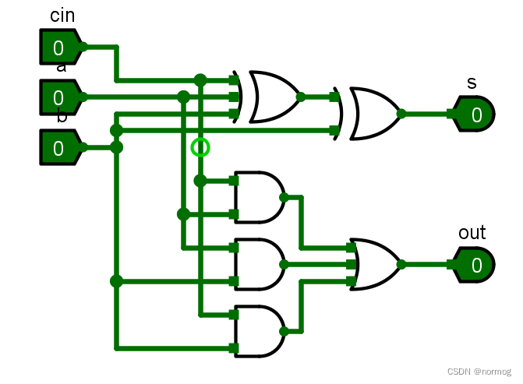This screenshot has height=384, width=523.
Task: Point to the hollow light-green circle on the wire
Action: (200, 146)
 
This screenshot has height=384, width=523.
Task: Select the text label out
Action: (472, 232)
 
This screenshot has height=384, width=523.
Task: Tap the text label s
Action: (472, 83)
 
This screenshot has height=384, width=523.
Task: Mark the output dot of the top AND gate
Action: (284, 197)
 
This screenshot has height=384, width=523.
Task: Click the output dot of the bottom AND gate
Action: (284, 331)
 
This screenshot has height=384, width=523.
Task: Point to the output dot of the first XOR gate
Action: (300, 97)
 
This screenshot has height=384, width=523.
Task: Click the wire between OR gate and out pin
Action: (427, 265)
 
